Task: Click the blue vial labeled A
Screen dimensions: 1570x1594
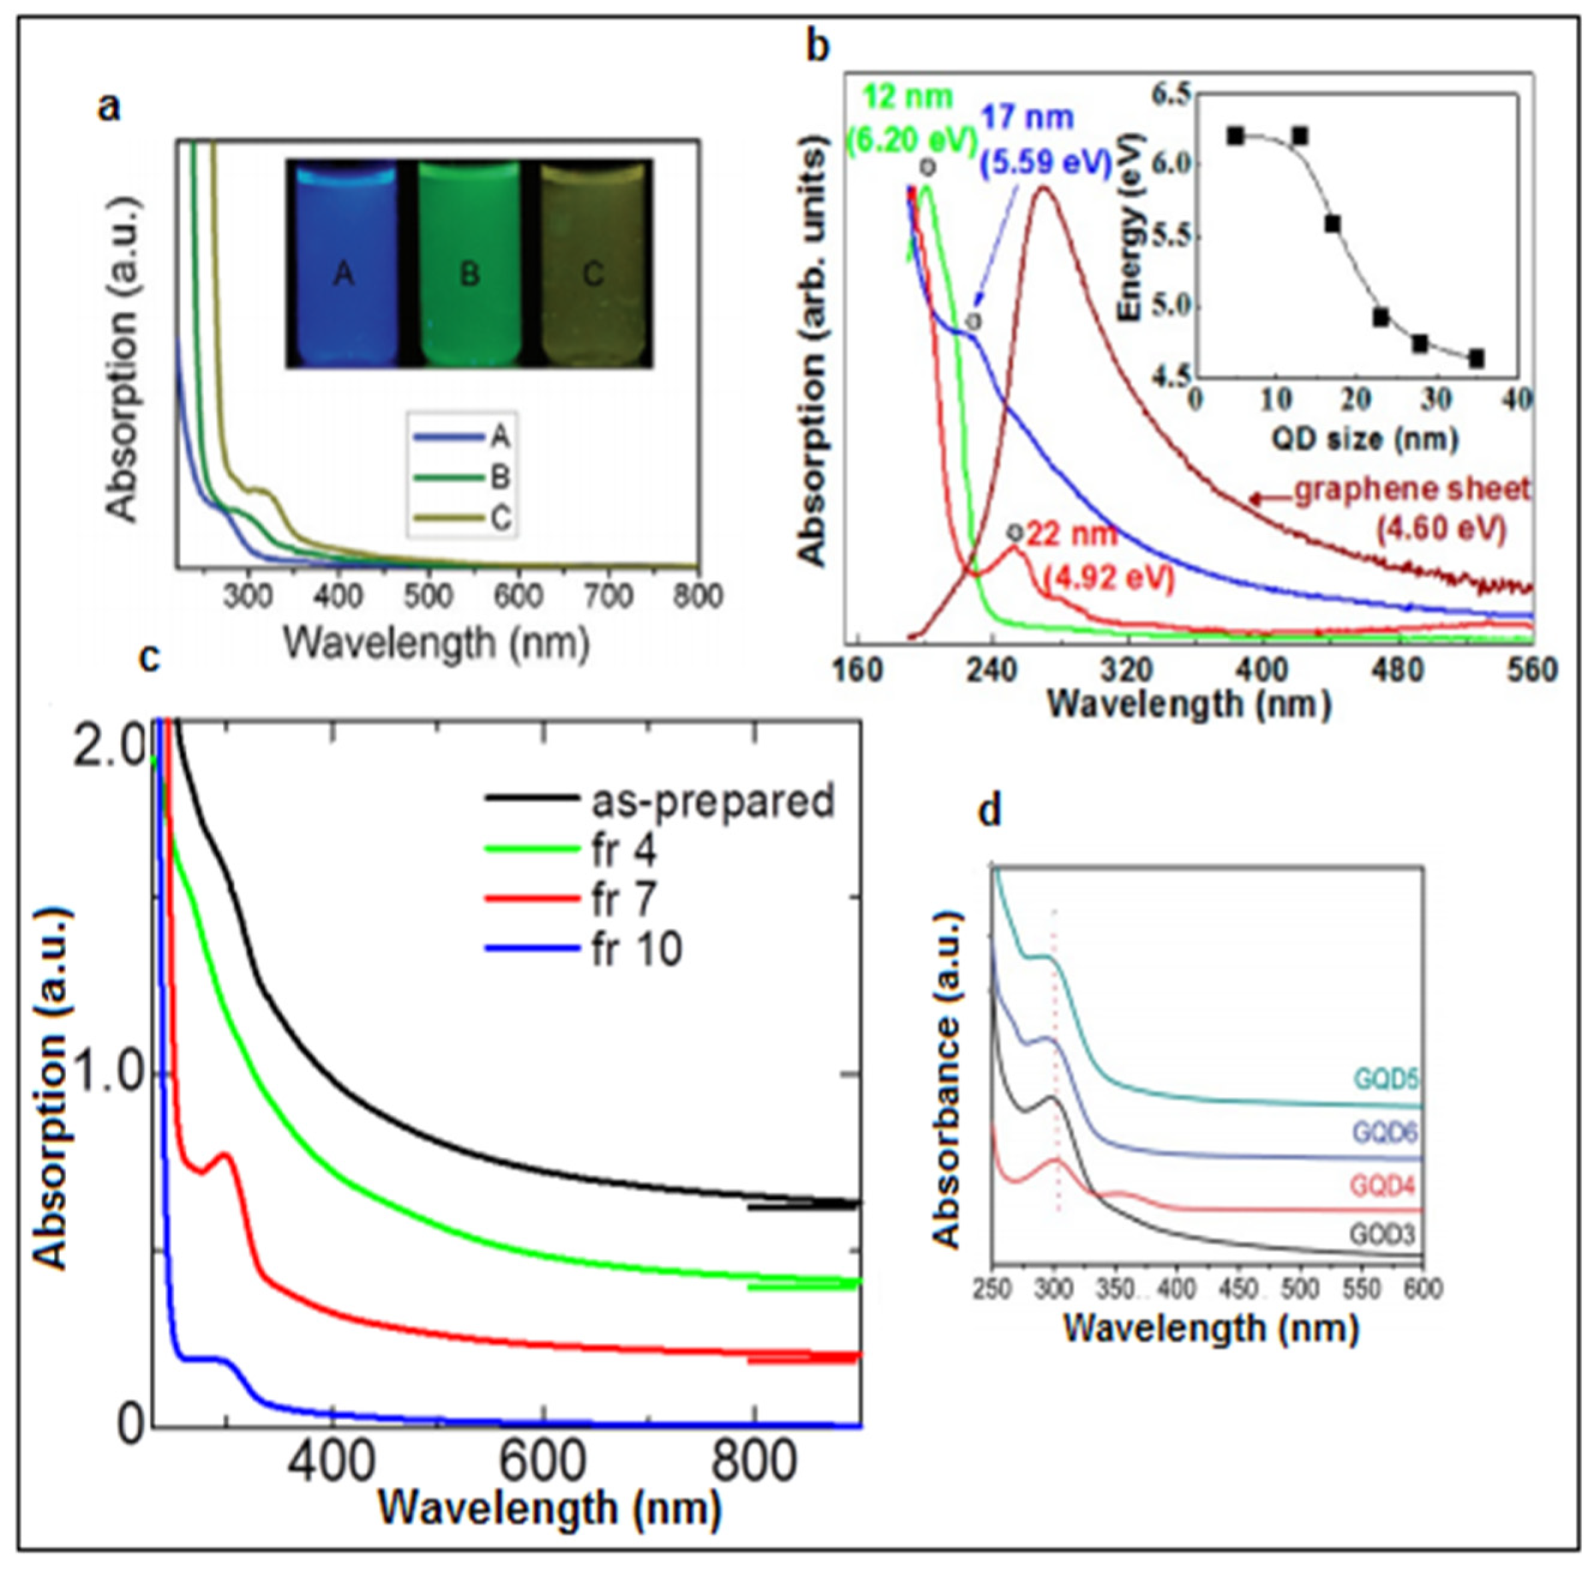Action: tap(344, 264)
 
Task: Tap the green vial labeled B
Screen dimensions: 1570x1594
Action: tap(468, 264)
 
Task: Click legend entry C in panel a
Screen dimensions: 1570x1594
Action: tap(499, 518)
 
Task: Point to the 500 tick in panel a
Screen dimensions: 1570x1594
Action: tap(429, 595)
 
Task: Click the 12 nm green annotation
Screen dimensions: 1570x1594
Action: tap(907, 97)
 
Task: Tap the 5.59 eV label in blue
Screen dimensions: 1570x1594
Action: tap(1046, 162)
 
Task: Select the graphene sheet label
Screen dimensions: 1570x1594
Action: tap(1411, 490)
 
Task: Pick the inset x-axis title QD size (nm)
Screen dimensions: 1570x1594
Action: tap(1364, 438)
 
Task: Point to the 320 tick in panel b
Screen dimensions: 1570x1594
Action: tap(1126, 669)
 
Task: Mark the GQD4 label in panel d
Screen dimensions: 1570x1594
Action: tap(1383, 1186)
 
